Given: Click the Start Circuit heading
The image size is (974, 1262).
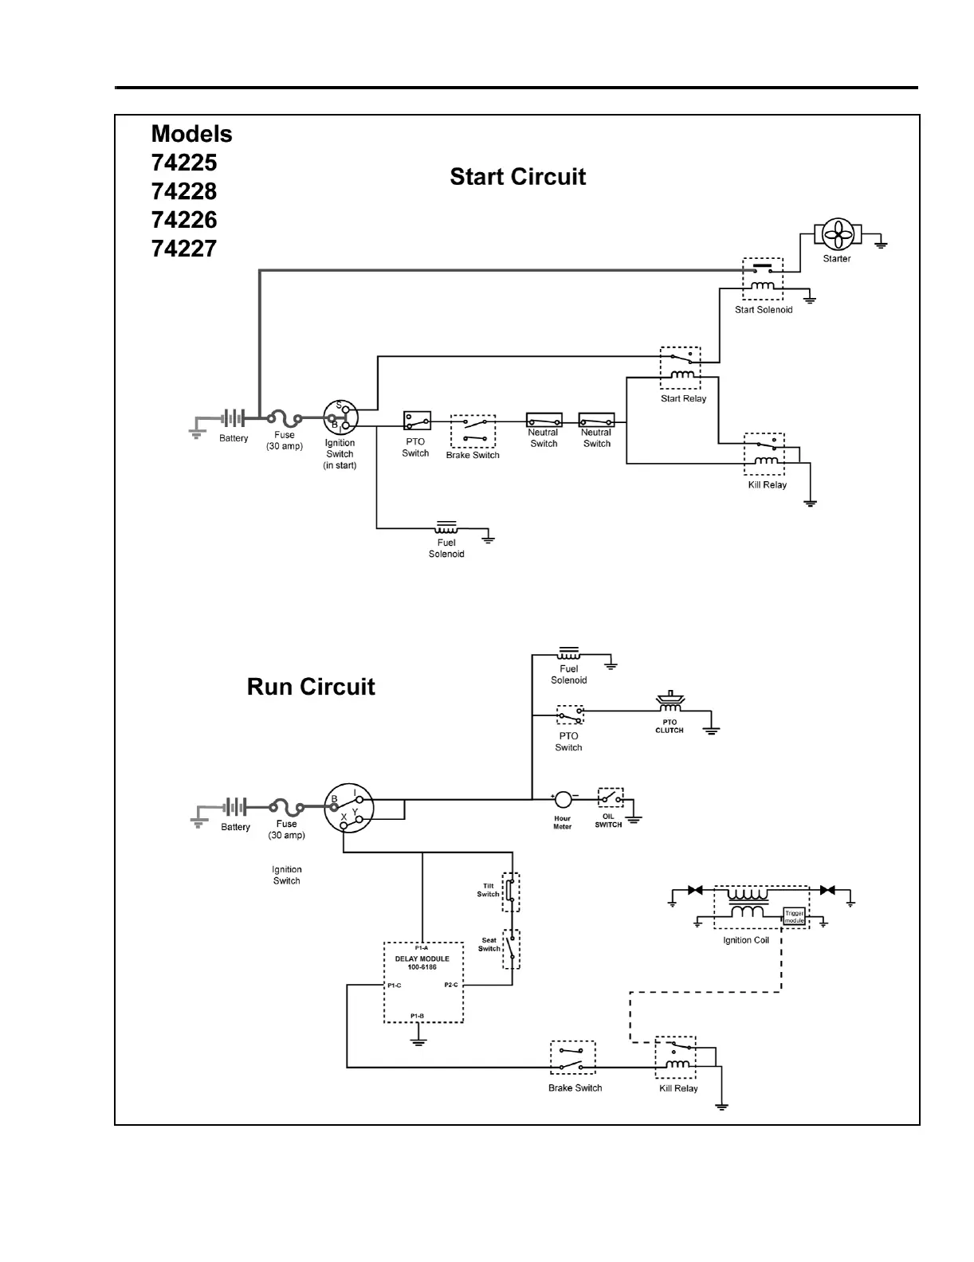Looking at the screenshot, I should pos(517,177).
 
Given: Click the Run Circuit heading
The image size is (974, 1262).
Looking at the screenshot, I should pos(311,687).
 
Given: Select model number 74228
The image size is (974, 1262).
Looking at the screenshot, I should pos(184,191).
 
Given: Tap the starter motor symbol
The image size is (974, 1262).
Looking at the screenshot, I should pos(838,234).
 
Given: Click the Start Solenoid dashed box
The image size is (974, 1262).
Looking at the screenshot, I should pos(763,278).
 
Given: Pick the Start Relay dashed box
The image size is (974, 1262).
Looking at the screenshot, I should pos(681,367).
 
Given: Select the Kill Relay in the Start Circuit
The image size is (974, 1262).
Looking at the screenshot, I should pos(764,454).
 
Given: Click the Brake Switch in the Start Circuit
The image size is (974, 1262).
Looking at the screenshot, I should pos(473,432).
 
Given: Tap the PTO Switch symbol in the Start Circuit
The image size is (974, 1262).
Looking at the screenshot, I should pos(417,420).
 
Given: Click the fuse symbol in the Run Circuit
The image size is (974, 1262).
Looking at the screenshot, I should pos(286,806).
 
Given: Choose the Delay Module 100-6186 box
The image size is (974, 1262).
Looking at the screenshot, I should pos(423,982).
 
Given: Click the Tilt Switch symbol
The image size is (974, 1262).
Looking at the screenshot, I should pos(511,892).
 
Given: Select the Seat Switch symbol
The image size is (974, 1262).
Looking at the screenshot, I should pos(511,949).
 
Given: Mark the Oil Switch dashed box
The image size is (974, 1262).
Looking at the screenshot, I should pos(611,798).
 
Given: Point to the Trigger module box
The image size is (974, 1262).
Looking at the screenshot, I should pos(795,916).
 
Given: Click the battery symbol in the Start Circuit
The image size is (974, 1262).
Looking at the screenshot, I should pos(234,417).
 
